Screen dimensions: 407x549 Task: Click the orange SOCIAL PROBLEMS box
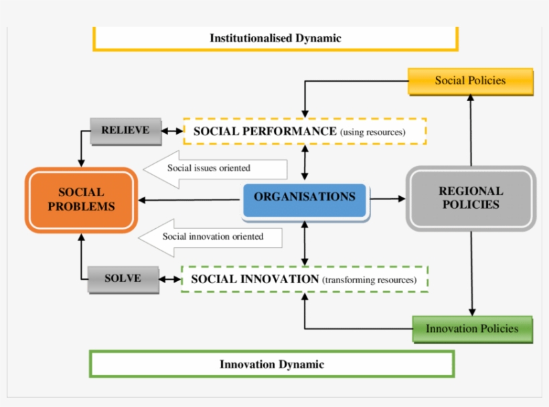81,199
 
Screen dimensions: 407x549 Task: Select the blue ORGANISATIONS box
305,197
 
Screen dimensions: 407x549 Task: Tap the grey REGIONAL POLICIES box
471,198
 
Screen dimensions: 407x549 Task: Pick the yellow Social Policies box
470,81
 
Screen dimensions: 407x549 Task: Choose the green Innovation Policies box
472,329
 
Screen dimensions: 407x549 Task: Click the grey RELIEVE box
125,131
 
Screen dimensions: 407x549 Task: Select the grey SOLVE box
123,278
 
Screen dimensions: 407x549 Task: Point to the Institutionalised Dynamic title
275,38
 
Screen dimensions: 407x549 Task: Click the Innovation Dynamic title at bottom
272,364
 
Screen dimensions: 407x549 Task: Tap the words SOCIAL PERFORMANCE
264,131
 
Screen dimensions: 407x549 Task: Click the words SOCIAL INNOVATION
254,279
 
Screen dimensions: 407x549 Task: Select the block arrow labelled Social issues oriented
214,169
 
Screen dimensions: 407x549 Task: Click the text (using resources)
373,133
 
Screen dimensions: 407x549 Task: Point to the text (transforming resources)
369,280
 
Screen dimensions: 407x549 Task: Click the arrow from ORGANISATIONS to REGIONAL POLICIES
388,199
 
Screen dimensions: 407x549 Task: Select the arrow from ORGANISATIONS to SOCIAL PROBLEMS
190,199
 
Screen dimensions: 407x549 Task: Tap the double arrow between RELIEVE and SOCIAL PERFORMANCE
172,131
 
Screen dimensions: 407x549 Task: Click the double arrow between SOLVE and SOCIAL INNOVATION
170,279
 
